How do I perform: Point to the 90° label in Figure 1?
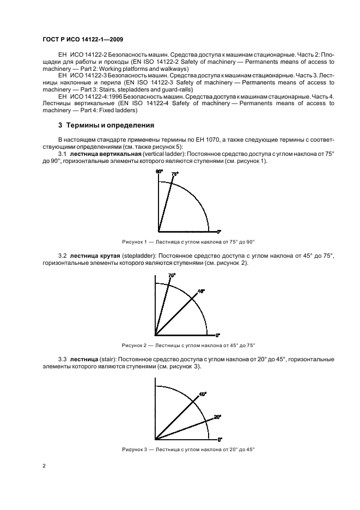point(160,172)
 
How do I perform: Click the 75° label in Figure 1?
point(174,174)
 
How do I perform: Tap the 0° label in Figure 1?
point(219,231)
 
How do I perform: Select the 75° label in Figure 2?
point(172,276)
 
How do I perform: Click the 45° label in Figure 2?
point(201,292)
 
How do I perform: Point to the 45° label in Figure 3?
point(203,393)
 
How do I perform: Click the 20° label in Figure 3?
point(217,417)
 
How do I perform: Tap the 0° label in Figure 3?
point(219,439)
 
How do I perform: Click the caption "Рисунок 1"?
point(136,241)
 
